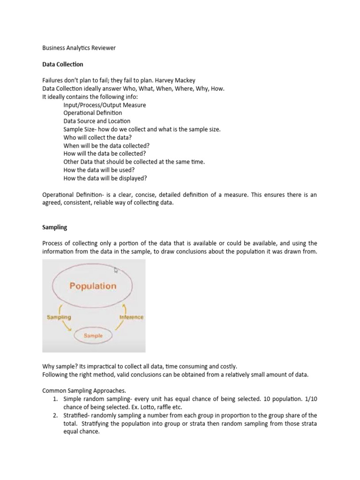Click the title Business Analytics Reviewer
pyautogui.click(x=79, y=48)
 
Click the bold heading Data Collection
pyautogui.click(x=63, y=64)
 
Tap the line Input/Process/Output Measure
pyautogui.click(x=105, y=105)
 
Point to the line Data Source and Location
pyautogui.click(x=97, y=121)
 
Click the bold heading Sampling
pyautogui.click(x=55, y=227)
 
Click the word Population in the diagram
pyautogui.click(x=93, y=285)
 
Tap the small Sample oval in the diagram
pyautogui.click(x=93, y=336)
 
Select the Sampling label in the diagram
pyautogui.click(x=59, y=317)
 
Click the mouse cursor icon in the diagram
pyautogui.click(x=117, y=270)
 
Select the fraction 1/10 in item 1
pyautogui.click(x=310, y=398)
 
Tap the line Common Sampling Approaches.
pyautogui.click(x=83, y=390)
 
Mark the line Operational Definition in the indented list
pyautogui.click(x=93, y=113)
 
